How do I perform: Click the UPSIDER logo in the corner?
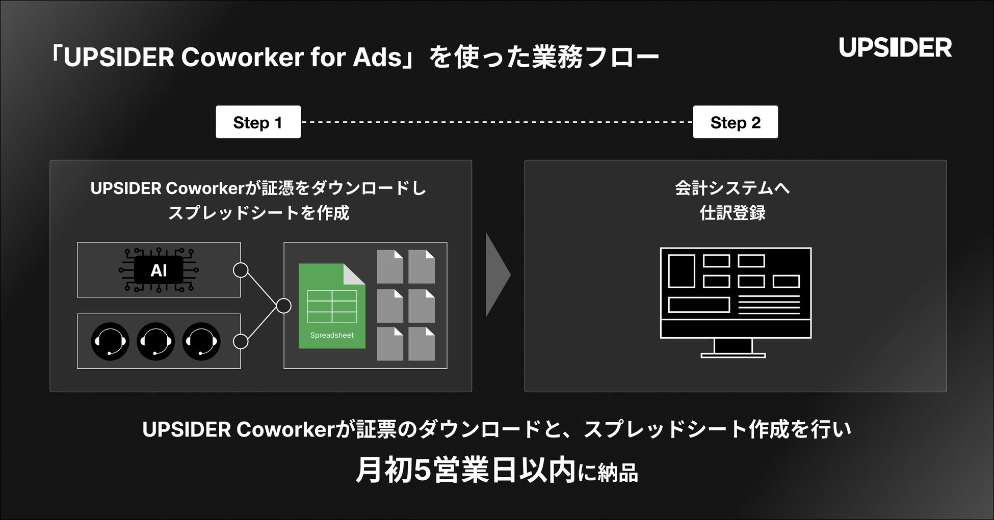tap(895, 47)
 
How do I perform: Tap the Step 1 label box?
tap(258, 122)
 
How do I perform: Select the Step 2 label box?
tap(735, 122)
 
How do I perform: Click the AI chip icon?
tap(159, 270)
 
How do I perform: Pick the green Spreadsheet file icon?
tap(332, 306)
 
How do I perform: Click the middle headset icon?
tap(155, 341)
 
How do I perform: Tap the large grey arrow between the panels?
tap(497, 275)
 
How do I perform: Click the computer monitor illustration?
tap(735, 293)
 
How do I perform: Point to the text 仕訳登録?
tap(733, 213)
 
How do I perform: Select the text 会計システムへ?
tap(733, 188)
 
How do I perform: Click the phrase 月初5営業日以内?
tap(465, 471)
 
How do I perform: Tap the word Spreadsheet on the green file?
tap(332, 335)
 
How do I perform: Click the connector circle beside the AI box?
tap(241, 270)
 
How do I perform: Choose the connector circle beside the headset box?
tap(241, 341)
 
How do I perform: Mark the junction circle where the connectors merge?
tap(283, 306)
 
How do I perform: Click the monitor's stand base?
tap(733, 355)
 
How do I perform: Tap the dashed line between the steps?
tap(496, 122)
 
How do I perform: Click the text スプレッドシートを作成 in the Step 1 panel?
tap(258, 213)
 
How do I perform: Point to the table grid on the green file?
tap(332, 306)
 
